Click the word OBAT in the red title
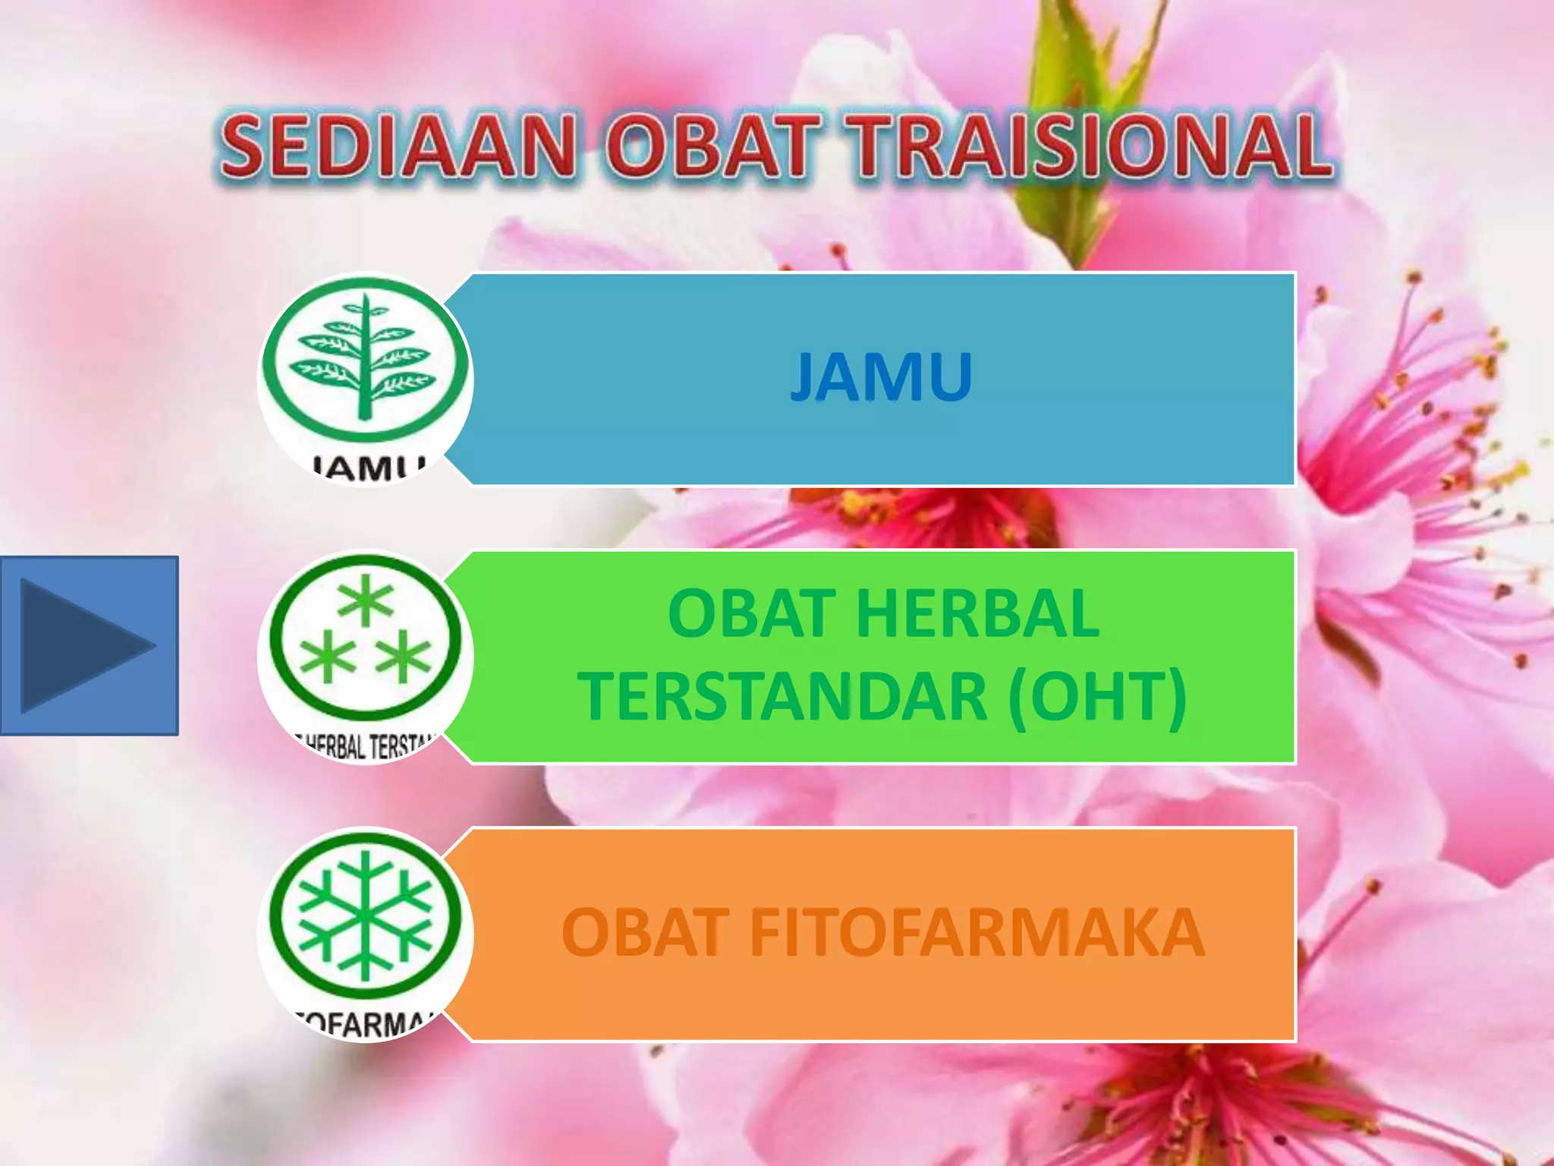click(x=713, y=147)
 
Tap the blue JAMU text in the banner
click(x=881, y=377)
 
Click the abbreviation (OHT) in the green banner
click(x=1097, y=696)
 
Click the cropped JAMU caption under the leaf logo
click(x=368, y=468)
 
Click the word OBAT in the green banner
click(x=751, y=613)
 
